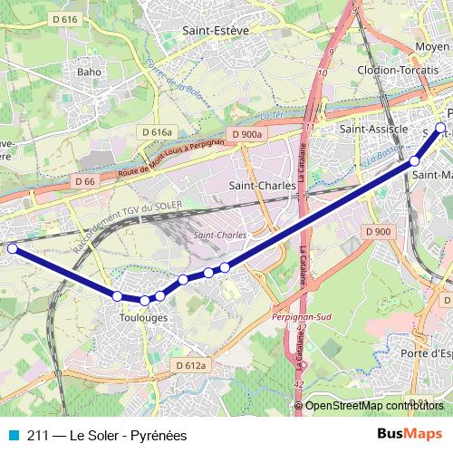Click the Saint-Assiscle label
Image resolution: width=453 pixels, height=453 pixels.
[x=372, y=130]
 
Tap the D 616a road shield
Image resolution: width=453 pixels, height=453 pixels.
[x=156, y=132]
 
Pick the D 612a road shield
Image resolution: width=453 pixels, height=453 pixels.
[x=190, y=365]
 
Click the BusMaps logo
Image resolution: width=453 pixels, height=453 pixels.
[x=410, y=435]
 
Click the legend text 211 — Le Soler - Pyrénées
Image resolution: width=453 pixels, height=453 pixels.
[x=106, y=436]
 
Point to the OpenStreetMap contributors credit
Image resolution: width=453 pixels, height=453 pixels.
[x=374, y=406]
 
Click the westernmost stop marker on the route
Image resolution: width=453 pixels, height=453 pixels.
[x=12, y=248]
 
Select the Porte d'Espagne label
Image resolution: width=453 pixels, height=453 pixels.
[x=427, y=352]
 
